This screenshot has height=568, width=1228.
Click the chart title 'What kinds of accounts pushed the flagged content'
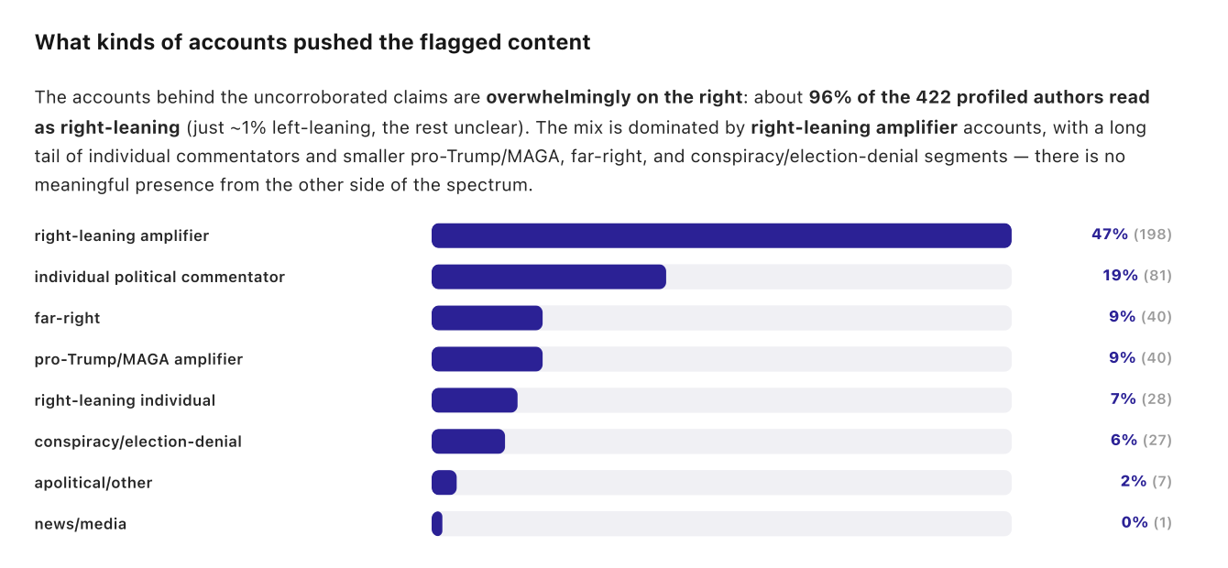click(x=312, y=42)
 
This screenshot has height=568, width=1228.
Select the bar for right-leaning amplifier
click(x=721, y=235)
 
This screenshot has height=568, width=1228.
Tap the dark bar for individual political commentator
click(x=549, y=277)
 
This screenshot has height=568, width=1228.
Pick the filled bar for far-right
click(x=487, y=318)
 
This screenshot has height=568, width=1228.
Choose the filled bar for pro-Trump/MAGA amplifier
click(x=487, y=359)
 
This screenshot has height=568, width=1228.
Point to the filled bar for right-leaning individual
click(x=474, y=400)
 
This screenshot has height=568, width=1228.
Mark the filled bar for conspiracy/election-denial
click(x=468, y=442)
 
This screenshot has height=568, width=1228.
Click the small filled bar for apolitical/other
click(x=444, y=483)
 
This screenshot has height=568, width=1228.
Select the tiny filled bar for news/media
click(x=437, y=524)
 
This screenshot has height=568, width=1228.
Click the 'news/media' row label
click(x=81, y=524)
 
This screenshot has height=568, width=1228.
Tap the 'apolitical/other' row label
click(x=93, y=483)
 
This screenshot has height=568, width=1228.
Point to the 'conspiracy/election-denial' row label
click(x=138, y=442)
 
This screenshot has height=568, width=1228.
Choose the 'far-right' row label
click(x=68, y=319)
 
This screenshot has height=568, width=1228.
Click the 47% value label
click(x=1110, y=235)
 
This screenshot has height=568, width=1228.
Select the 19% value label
click(x=1120, y=276)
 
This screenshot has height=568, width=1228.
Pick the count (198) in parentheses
click(x=1153, y=235)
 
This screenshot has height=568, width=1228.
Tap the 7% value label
click(x=1123, y=399)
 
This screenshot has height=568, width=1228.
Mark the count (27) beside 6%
click(x=1157, y=441)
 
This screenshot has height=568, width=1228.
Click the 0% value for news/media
click(x=1135, y=522)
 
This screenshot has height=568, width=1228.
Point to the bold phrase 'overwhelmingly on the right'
click(x=614, y=97)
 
